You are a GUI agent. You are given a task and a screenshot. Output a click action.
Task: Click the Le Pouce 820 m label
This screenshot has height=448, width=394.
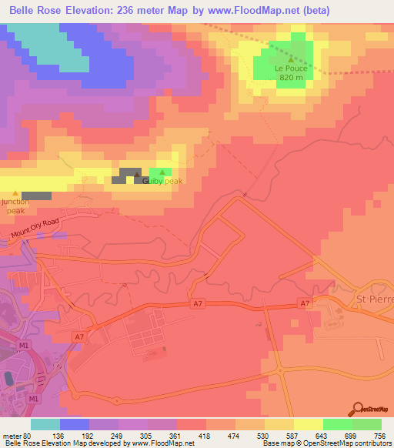(291, 72)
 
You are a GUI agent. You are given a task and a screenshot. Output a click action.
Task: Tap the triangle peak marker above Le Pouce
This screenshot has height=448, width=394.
(291, 58)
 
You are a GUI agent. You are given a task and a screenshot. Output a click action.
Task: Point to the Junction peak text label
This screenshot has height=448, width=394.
(15, 206)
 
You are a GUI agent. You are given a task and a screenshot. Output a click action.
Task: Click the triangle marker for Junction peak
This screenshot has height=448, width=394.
(15, 193)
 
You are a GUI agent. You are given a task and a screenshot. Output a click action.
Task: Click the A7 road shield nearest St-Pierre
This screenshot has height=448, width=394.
(306, 304)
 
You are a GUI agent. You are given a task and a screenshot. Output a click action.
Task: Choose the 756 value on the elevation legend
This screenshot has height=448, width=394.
(380, 436)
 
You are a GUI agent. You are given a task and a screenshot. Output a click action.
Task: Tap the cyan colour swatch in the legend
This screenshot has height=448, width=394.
(45, 424)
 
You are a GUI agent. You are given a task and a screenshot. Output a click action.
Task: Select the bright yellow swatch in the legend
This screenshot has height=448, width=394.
(308, 424)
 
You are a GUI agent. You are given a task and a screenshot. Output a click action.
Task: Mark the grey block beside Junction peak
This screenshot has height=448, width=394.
(36, 196)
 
